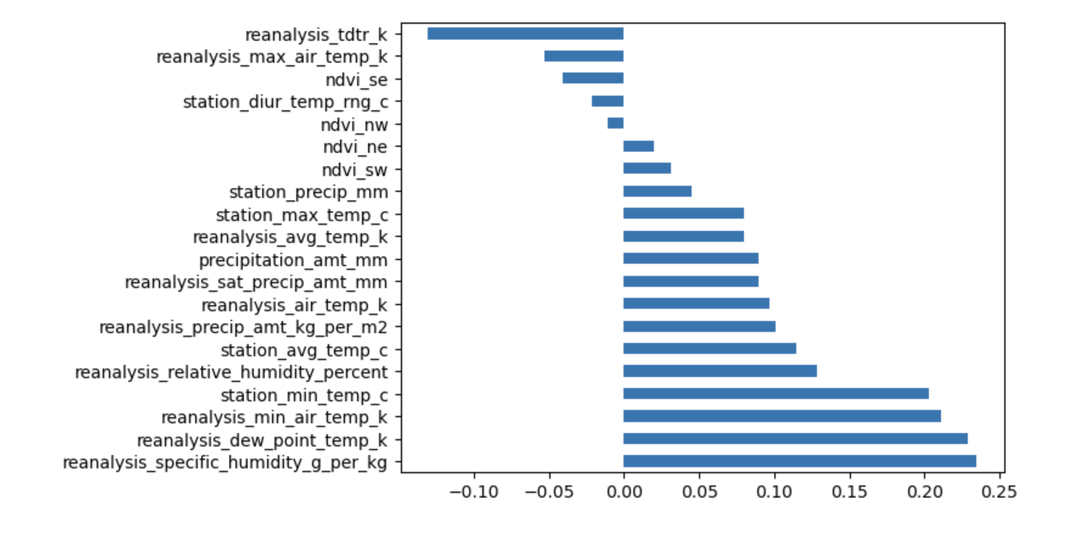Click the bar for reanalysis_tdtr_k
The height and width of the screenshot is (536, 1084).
coord(525,33)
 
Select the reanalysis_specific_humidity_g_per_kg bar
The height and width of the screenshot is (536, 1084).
coord(799,461)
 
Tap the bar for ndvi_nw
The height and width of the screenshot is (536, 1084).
coord(615,124)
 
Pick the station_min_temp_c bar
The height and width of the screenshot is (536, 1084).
coord(776,393)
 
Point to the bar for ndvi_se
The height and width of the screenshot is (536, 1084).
coord(592,79)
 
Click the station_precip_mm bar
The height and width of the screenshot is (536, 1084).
coord(657,191)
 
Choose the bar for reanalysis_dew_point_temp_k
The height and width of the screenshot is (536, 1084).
coord(795,439)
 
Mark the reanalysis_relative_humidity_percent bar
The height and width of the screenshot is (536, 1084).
coord(720,371)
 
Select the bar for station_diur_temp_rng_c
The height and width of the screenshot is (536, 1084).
coord(607,101)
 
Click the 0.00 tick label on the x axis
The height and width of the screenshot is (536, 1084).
coord(624,492)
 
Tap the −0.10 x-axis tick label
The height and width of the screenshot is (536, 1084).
coord(473,492)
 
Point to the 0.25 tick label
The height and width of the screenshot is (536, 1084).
coord(999,492)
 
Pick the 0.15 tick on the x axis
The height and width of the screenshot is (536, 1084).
coord(849,492)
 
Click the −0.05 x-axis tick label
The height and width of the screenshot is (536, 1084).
coord(549,492)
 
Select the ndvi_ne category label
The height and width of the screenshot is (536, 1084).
coord(355,147)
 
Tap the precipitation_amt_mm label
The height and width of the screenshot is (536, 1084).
coord(293,260)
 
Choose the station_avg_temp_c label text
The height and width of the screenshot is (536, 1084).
coord(304,350)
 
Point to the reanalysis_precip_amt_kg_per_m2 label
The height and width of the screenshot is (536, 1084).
coord(243,328)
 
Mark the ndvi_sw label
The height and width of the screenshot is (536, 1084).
coord(354,170)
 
